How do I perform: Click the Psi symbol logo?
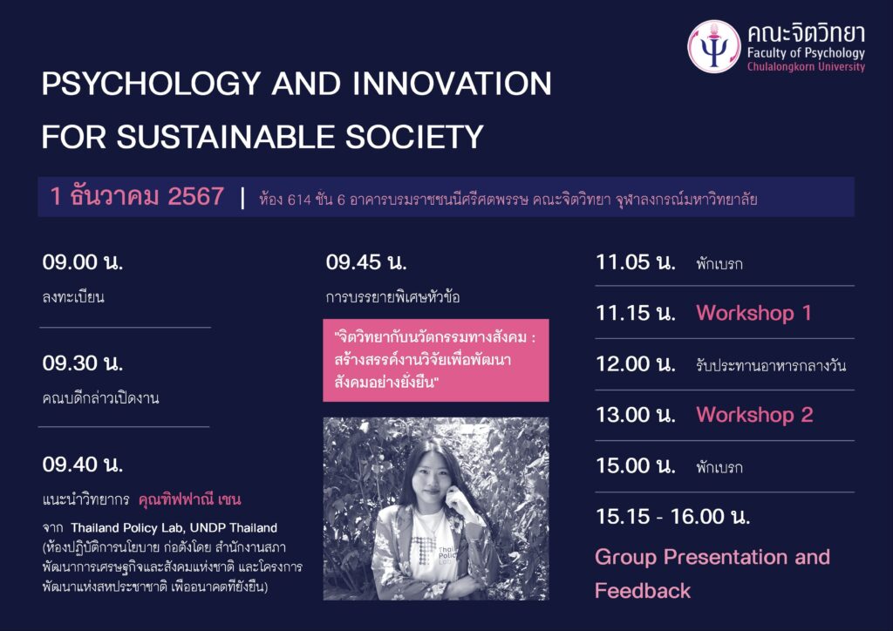coord(714,47)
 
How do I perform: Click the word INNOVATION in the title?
coord(452,84)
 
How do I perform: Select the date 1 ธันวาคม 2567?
coord(137,196)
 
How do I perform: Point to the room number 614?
coord(299,200)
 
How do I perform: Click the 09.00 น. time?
coord(83,262)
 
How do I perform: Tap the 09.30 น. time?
coord(83,363)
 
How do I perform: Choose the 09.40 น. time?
coord(83,465)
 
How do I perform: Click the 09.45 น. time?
coord(366,262)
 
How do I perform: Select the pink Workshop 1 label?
coord(753,313)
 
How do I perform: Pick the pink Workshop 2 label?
coord(754,415)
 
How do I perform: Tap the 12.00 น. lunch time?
coord(636,364)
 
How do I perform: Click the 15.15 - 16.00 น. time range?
coord(672,517)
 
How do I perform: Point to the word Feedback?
coord(643,591)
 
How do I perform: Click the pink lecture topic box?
coord(436,360)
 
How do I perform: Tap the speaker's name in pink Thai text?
coord(189,499)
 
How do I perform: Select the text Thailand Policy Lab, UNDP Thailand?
coord(174,528)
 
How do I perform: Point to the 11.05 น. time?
coord(636,262)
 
